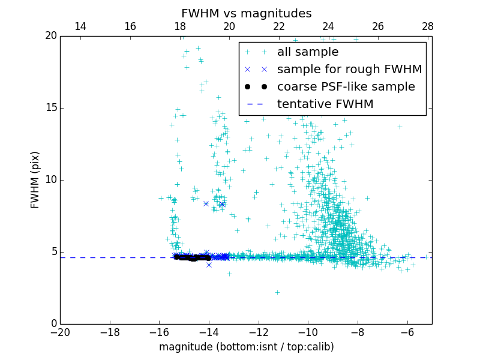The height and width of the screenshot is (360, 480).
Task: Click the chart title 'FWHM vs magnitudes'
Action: pos(247,13)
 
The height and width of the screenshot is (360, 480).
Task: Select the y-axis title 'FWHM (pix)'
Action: pos(35,179)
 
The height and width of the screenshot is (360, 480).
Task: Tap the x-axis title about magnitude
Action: pos(247,347)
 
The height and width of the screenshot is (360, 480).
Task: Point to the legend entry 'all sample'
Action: pos(308,52)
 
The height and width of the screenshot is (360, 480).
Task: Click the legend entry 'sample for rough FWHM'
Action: pos(349,69)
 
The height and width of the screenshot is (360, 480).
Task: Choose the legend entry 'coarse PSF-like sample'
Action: pos(346,86)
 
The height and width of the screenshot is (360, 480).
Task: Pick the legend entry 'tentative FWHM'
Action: pos(325,104)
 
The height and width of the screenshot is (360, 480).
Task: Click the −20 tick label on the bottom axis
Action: pos(60,332)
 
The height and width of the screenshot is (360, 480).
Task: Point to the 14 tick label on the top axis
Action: pos(80,26)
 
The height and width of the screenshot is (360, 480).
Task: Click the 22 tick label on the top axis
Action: pos(278,26)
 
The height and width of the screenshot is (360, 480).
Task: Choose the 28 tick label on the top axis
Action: pos(427,26)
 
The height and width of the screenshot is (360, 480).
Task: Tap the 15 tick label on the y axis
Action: pos(50,108)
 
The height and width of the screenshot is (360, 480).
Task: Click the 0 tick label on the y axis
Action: pos(53,324)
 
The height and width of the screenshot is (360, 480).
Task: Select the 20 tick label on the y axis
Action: pos(50,36)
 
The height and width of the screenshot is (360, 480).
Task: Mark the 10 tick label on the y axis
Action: pos(50,180)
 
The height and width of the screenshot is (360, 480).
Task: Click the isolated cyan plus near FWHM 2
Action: pos(277,292)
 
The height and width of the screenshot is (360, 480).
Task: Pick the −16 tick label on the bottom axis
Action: pos(159,332)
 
